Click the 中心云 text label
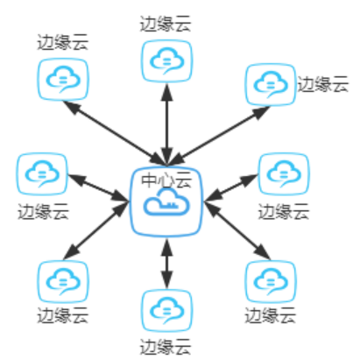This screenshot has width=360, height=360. tap(166, 180)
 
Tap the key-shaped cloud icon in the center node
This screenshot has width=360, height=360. tap(166, 202)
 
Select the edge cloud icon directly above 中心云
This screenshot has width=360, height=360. tap(166, 61)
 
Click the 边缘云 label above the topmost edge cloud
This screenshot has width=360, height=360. tap(166, 24)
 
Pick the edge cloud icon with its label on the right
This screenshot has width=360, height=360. tap(271, 85)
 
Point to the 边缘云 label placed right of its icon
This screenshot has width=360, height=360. tap(323, 84)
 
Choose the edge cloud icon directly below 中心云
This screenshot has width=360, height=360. tap(166, 311)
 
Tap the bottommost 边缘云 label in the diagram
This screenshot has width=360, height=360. tap(166, 347)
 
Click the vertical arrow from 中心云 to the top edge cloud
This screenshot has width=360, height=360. tap(166, 125)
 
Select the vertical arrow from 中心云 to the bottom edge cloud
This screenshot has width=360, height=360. tap(166, 264)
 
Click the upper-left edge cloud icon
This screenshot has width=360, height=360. tap(63, 80)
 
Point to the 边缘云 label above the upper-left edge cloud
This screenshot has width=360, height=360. tap(63, 42)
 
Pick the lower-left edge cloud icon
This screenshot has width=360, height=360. tap(63, 282)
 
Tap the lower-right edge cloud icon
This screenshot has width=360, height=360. tap(271, 282)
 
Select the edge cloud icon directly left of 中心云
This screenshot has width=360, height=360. tap(42, 174)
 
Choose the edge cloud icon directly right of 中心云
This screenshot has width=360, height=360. tap(284, 174)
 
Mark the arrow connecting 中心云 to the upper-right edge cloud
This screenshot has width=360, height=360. tap(219, 136)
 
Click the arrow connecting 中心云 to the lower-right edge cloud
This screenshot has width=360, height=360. tap(237, 230)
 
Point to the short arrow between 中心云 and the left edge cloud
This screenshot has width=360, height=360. tap(98, 187)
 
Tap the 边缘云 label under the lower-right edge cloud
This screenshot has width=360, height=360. tap(271, 315)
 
